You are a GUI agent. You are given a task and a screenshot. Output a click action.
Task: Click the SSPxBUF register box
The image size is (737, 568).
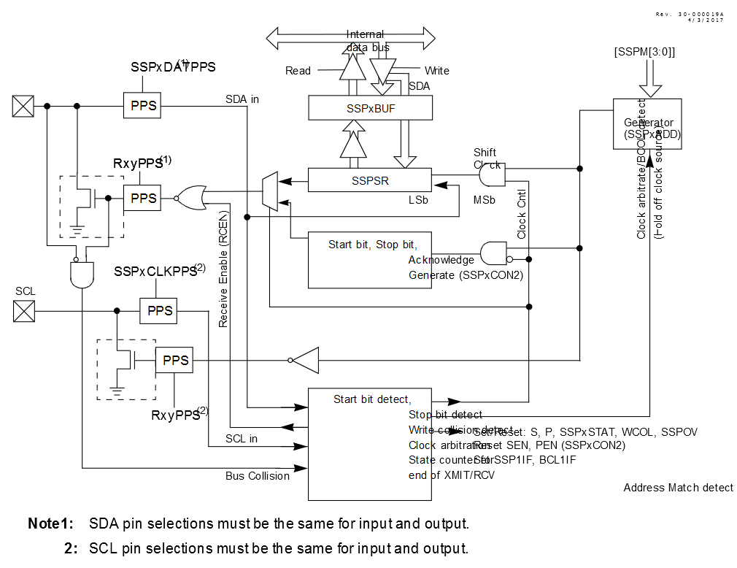[371, 109]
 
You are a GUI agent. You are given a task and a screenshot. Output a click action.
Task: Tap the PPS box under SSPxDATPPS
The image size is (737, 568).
[143, 106]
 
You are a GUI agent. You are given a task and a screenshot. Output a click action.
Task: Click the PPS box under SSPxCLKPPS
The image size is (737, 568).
[160, 310]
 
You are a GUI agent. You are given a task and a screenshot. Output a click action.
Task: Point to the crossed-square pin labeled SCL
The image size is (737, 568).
[24, 312]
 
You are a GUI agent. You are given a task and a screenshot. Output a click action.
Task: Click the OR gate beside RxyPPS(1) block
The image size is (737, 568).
[192, 197]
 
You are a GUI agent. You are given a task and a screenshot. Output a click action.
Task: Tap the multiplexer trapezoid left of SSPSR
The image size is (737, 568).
[270, 192]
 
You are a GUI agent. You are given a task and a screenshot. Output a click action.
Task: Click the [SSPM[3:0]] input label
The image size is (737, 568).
[644, 53]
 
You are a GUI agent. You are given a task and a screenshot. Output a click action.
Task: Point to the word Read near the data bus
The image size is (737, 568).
[298, 71]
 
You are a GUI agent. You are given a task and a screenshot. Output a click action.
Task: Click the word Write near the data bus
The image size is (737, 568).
[436, 71]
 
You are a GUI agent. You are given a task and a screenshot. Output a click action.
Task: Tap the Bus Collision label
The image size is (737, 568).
[257, 476]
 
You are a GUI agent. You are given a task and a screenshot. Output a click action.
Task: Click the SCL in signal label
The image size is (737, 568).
[241, 439]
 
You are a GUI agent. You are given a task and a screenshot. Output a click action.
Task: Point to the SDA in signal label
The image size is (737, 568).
[243, 99]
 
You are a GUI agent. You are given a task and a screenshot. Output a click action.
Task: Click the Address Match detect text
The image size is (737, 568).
[678, 488]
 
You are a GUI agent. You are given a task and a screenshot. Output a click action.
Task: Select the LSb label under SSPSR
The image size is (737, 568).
[419, 199]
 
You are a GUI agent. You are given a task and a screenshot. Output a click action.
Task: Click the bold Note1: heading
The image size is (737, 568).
[51, 523]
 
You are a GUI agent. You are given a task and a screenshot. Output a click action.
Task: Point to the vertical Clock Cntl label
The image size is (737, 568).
[521, 214]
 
